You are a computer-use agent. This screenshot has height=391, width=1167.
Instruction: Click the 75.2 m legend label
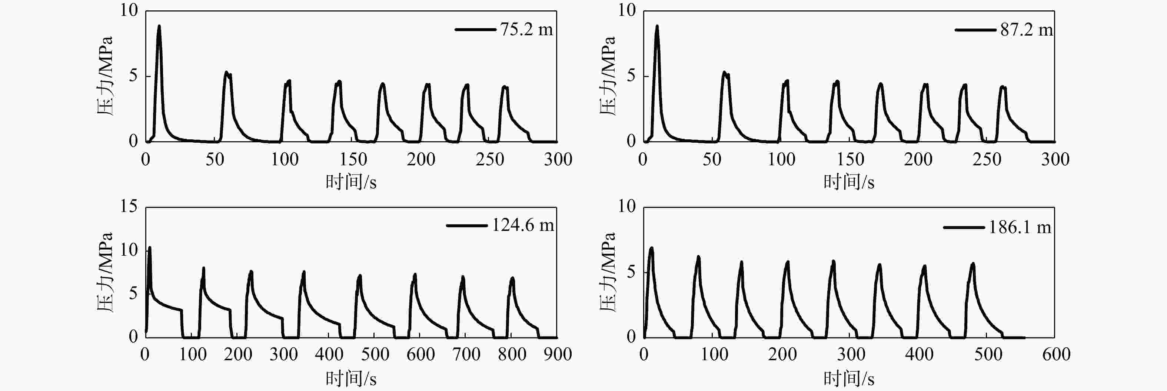526,30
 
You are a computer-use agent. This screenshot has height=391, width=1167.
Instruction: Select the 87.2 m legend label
1027,30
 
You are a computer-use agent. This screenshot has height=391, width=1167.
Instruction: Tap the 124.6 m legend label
523,225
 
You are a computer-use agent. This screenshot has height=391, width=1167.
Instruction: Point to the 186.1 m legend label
1019,227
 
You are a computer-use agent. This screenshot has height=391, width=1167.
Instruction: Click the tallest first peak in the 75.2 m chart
159,26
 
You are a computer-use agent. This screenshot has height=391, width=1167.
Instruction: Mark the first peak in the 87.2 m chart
657,26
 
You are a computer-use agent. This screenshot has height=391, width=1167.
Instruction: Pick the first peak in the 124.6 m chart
150,248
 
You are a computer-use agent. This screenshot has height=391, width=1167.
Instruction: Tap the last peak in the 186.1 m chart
972,263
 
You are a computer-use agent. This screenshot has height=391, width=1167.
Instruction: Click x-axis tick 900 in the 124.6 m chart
557,354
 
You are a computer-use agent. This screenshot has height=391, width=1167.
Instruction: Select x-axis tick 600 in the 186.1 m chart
1056,354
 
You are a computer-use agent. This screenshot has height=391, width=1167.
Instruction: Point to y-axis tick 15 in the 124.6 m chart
129,206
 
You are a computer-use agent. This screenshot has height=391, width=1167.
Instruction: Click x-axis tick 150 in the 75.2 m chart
353,159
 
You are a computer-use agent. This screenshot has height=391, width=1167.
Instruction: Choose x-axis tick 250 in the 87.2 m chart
987,159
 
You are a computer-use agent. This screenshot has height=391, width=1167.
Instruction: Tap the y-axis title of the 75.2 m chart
105,76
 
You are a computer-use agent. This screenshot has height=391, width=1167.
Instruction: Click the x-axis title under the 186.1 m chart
848,378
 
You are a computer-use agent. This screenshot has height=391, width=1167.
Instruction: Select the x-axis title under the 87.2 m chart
848,182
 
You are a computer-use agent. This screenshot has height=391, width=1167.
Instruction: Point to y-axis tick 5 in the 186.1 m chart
631,272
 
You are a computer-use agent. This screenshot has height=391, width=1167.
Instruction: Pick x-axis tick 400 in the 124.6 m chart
329,354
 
